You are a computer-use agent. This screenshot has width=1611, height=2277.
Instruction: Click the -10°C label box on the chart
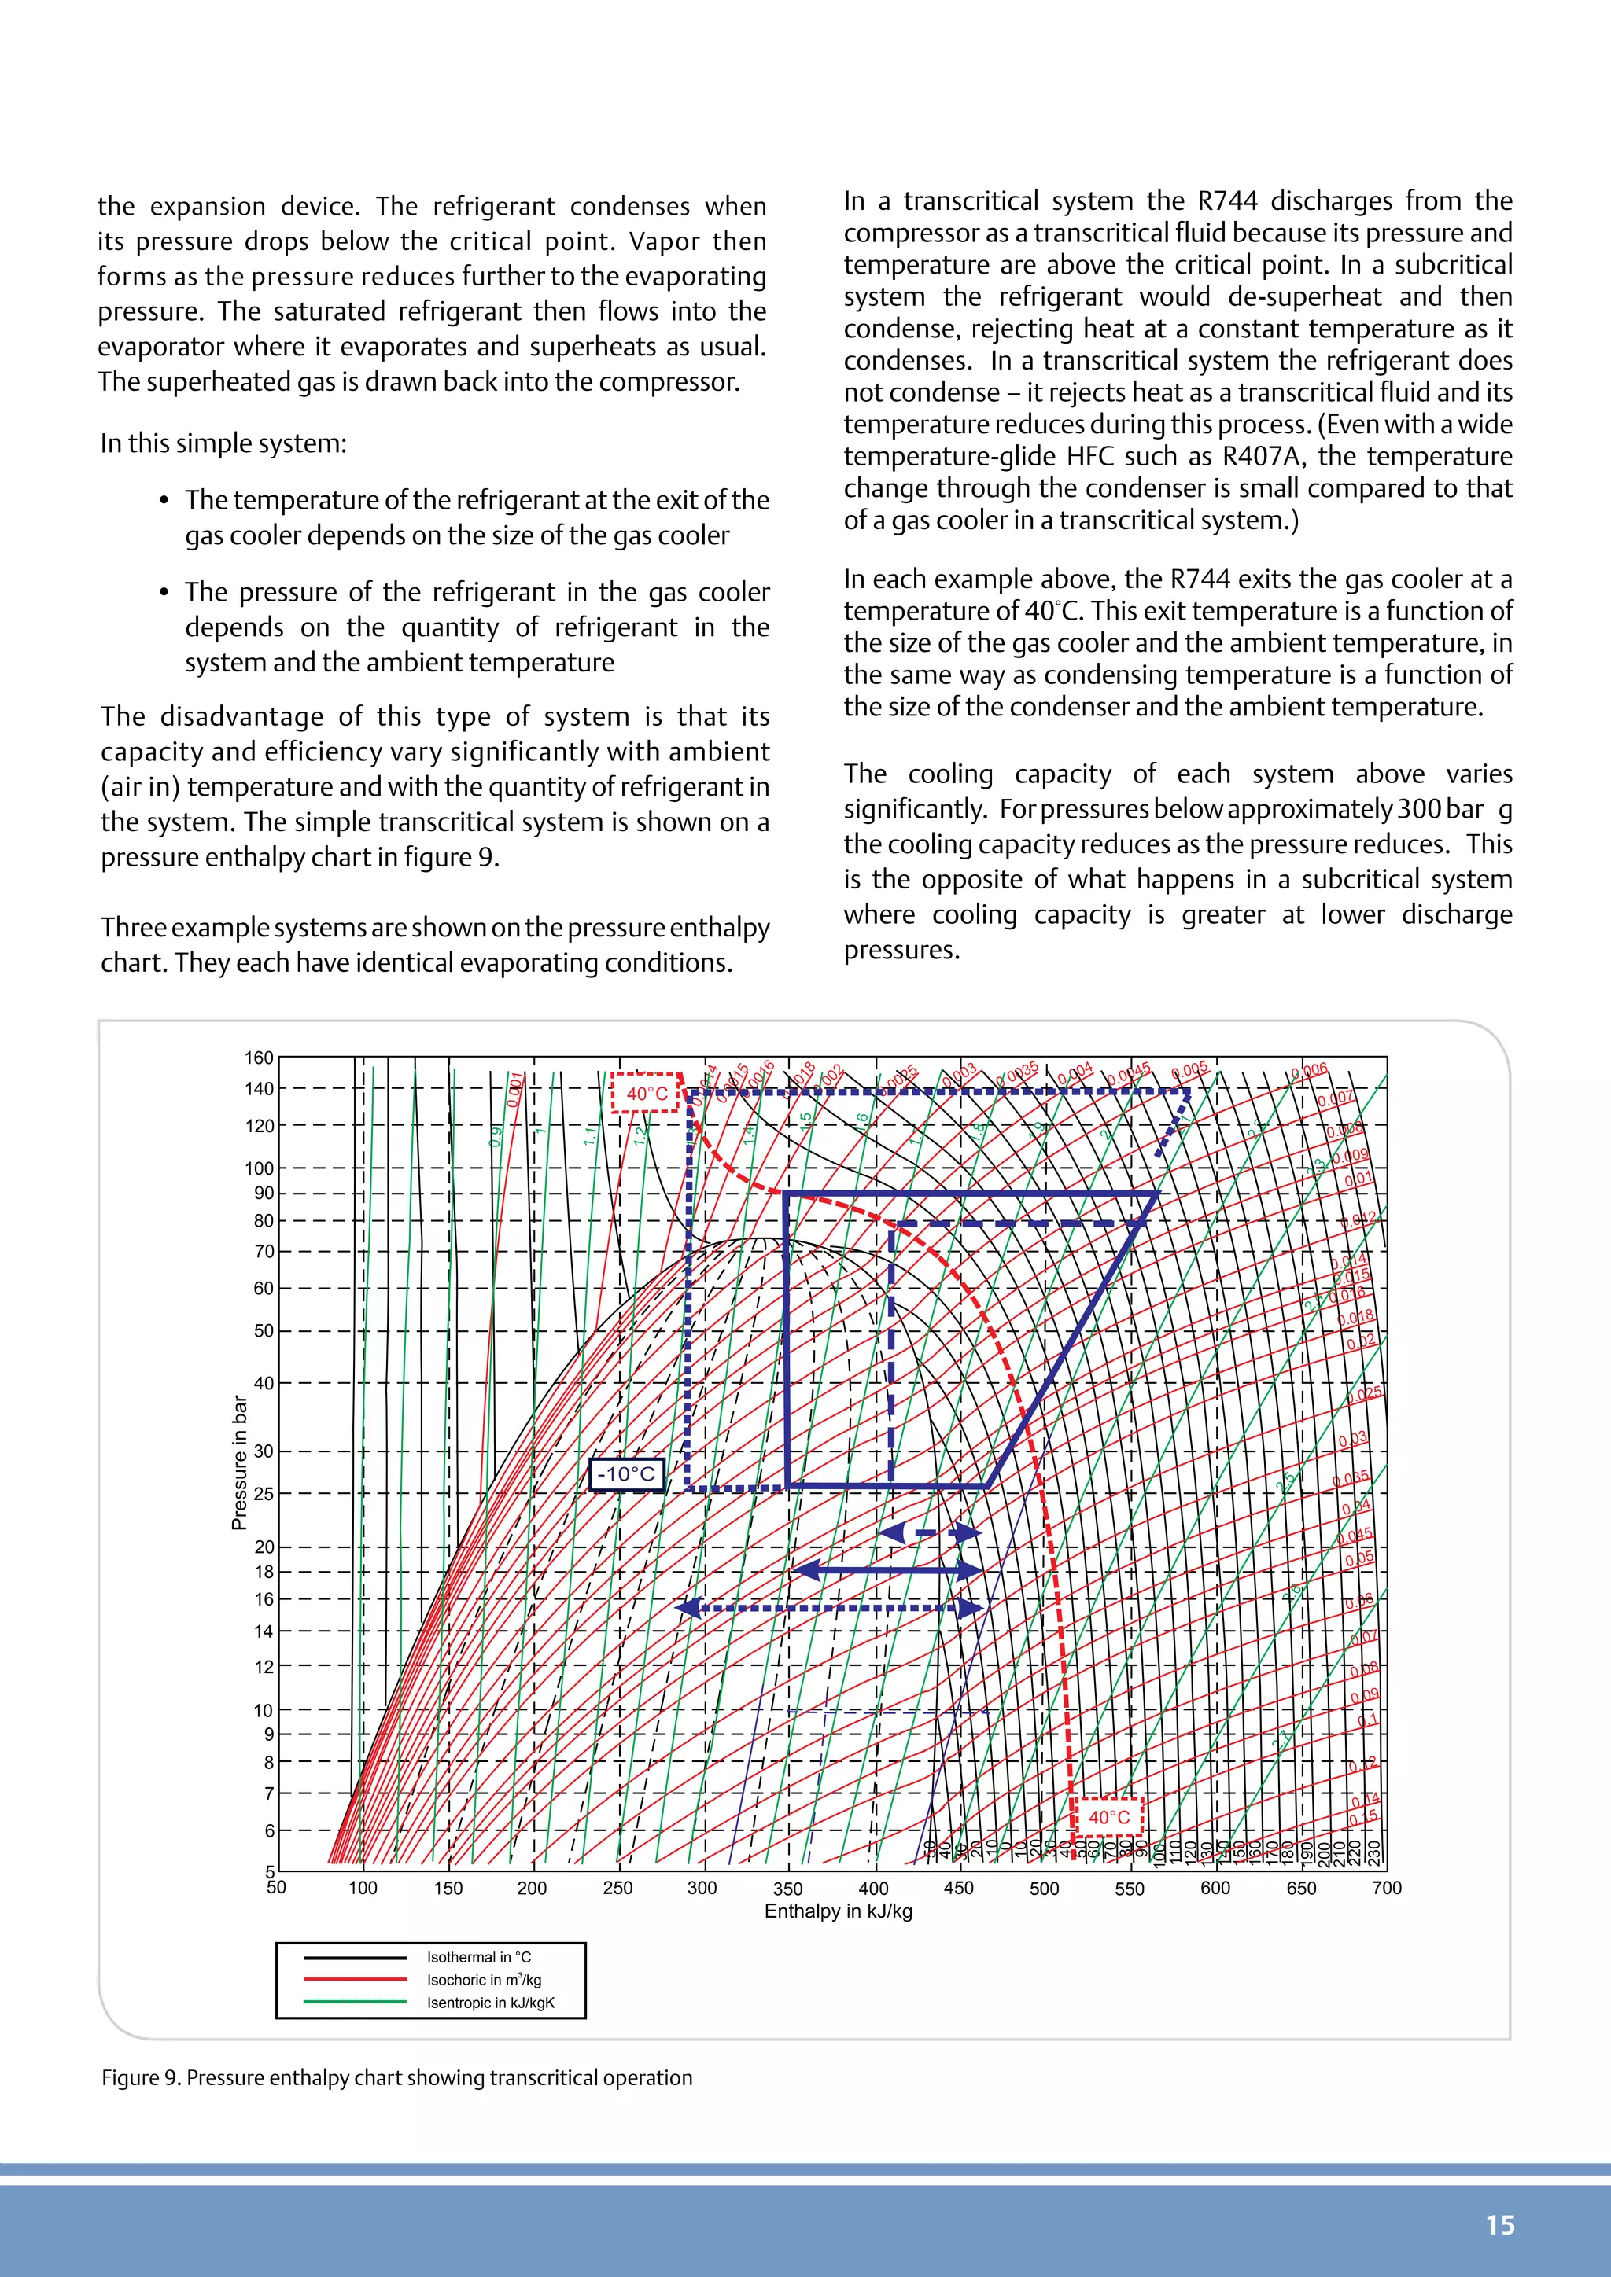coord(626,1473)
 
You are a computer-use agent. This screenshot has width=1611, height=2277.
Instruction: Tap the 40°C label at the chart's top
coord(647,1093)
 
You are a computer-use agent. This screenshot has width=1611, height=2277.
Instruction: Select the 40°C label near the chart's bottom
coord(1109,1817)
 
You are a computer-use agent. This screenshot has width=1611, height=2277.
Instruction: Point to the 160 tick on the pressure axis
coord(260,1058)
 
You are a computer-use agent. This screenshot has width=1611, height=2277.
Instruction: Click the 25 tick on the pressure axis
coord(264,1494)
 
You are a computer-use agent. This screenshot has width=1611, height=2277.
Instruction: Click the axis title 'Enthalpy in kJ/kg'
coord(839,1911)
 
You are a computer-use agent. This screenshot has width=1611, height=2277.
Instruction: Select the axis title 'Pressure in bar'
coord(239,1462)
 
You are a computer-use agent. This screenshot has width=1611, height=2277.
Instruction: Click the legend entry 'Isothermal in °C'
coord(479,1957)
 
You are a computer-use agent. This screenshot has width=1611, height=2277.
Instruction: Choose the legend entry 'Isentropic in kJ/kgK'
coord(490,2003)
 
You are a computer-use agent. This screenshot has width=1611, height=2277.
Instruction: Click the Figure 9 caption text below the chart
coord(396,2077)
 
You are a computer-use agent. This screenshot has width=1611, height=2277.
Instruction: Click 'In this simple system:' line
coord(223,443)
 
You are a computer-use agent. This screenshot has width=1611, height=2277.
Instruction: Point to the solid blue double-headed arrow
coord(888,1570)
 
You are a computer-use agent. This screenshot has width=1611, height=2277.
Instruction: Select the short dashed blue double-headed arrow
coord(928,1533)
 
